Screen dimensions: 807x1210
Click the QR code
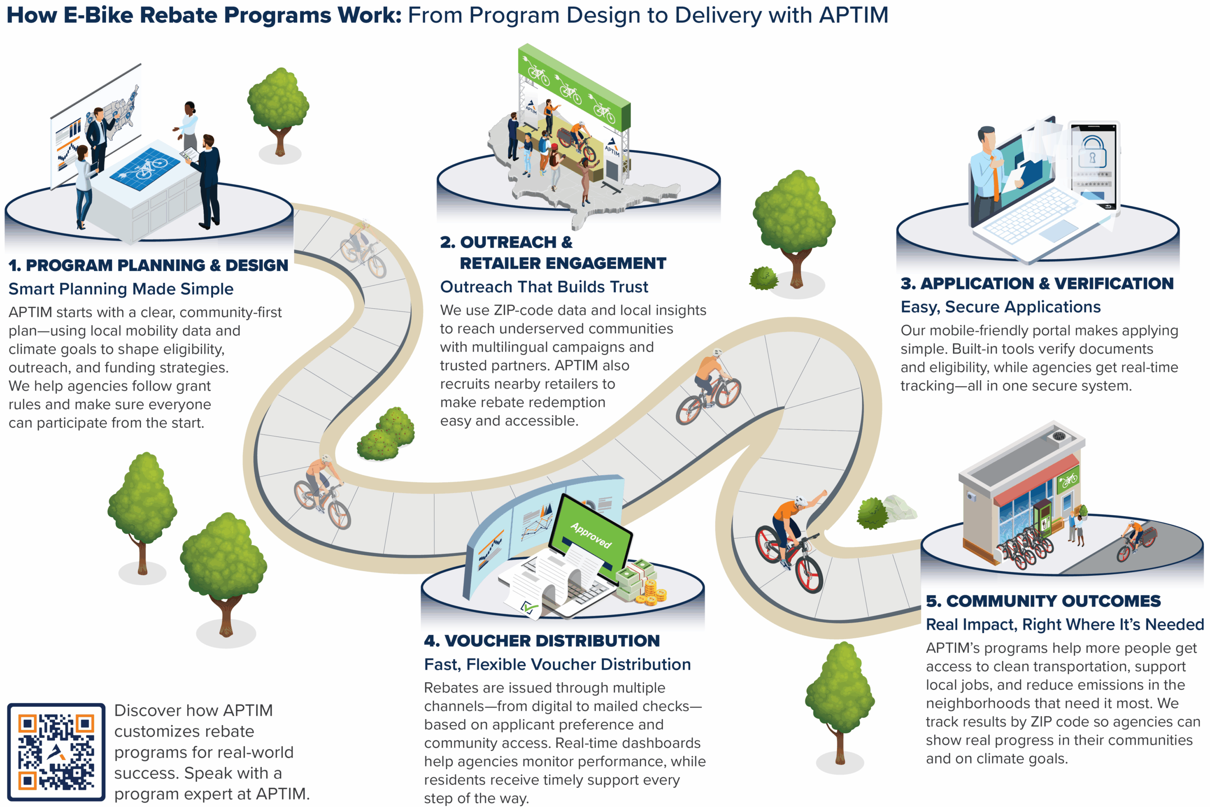pyautogui.click(x=56, y=752)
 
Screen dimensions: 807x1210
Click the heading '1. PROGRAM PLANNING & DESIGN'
pyautogui.click(x=148, y=266)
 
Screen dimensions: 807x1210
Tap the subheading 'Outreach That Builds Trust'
pyautogui.click(x=544, y=286)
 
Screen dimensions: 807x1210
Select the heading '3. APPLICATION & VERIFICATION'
pyautogui.click(x=1037, y=284)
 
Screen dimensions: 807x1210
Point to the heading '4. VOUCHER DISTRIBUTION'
pyautogui.click(x=542, y=641)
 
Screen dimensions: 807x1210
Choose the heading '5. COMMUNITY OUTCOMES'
pyautogui.click(x=1043, y=601)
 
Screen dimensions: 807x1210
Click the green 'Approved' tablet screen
pyautogui.click(x=592, y=535)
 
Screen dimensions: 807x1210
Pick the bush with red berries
pyautogui.click(x=387, y=435)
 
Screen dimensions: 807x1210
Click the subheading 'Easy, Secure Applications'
pyautogui.click(x=1000, y=307)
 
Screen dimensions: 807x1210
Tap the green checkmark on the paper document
pyautogui.click(x=528, y=608)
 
